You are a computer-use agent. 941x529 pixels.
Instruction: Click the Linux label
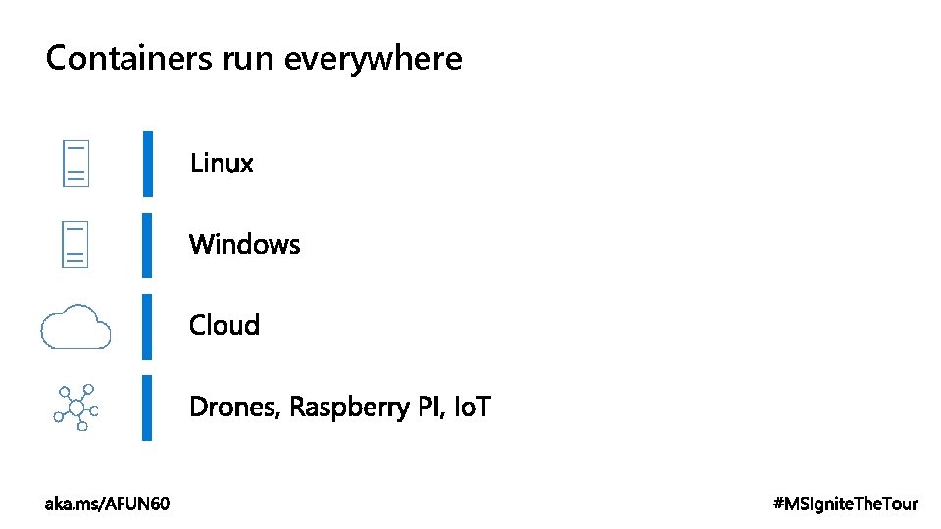pos(222,163)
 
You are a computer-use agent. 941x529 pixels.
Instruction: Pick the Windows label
pos(244,243)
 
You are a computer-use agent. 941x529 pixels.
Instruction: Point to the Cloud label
pos(224,324)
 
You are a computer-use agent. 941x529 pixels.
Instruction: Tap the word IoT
pos(472,406)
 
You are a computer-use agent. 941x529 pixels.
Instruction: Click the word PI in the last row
pos(430,406)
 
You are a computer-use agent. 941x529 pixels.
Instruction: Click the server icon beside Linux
pos(76,163)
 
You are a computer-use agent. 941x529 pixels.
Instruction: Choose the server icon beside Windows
pos(76,244)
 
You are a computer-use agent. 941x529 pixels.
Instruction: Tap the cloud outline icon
pos(75,325)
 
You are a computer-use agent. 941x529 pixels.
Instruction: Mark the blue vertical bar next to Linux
pos(147,163)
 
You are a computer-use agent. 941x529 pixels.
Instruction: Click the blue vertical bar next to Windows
pos(147,244)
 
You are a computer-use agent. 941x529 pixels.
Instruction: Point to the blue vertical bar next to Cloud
pos(147,325)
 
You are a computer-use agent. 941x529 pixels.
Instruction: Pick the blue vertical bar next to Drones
pos(147,407)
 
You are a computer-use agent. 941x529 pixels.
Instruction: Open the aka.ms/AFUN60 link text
pos(107,504)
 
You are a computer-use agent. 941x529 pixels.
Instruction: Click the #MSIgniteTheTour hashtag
pos(846,504)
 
